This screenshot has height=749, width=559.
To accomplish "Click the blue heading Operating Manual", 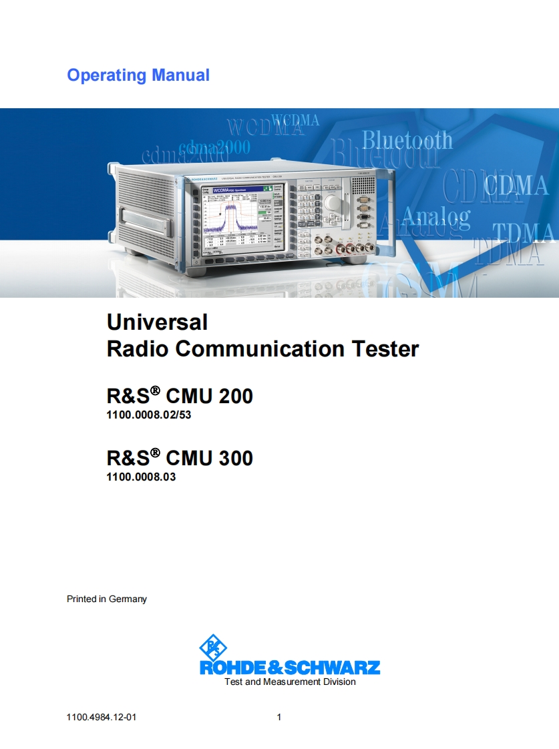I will pos(138,75).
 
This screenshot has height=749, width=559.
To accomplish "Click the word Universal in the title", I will pos(157,322).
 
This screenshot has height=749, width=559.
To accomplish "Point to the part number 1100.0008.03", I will pos(141,477).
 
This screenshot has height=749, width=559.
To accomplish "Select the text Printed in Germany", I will pos(107,599).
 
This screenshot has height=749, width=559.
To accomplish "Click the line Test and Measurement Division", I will pos(290,682).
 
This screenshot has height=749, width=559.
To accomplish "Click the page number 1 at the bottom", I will pos(279,718).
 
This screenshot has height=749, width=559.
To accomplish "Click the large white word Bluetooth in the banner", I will pos(407,141).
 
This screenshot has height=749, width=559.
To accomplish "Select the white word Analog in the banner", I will pos(436,216).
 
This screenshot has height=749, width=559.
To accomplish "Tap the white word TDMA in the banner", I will pos(524,234).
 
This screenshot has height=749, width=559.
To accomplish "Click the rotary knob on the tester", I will pos(331,203).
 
